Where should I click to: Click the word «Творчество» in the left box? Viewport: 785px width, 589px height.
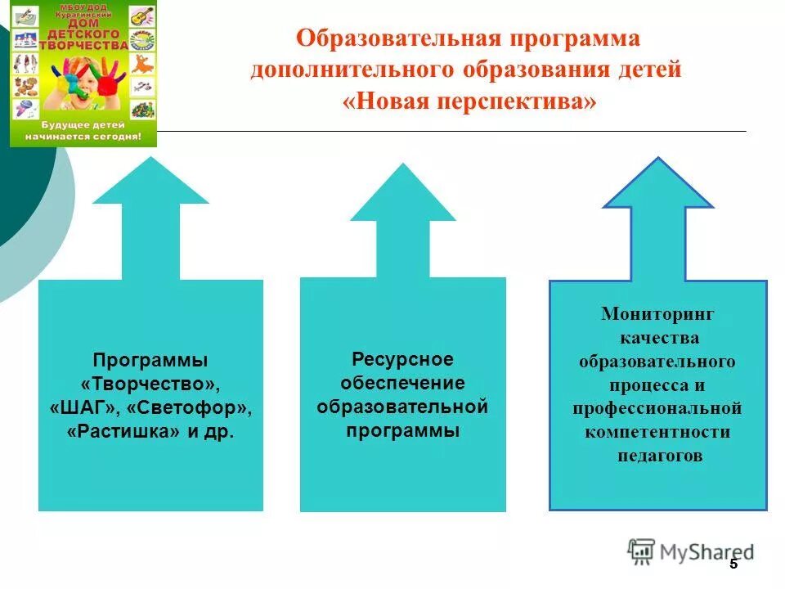pyautogui.click(x=150, y=383)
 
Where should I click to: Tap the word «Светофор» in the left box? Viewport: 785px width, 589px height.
pyautogui.click(x=189, y=407)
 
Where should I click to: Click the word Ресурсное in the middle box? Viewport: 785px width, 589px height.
pyautogui.click(x=402, y=359)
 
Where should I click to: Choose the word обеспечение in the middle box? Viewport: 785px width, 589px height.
pyautogui.click(x=402, y=383)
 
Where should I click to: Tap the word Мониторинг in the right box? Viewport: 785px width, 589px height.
pyautogui.click(x=657, y=313)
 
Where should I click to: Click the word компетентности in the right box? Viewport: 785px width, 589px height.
pyautogui.click(x=657, y=431)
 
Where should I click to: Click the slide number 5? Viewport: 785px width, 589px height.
pyautogui.click(x=733, y=564)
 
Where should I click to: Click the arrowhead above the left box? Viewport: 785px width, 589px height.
pyautogui.click(x=150, y=184)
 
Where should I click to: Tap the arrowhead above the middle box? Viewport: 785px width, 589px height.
pyautogui.click(x=402, y=196)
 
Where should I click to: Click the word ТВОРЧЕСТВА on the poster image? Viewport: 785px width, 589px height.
pyautogui.click(x=84, y=46)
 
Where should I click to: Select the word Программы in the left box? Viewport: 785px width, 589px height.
pyautogui.click(x=150, y=359)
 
